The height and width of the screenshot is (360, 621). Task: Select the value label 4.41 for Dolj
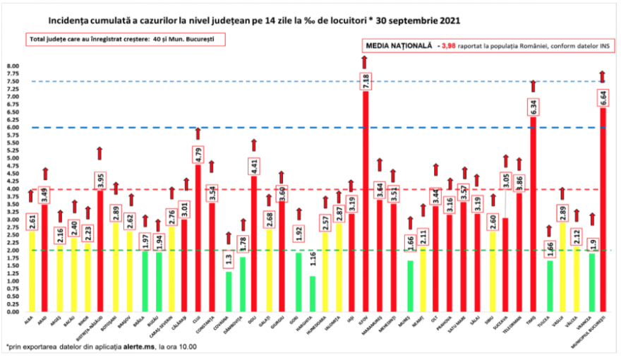(x=254, y=167)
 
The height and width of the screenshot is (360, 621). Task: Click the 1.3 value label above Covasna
(x=228, y=260)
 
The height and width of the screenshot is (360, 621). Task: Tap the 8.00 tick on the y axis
(x=13, y=66)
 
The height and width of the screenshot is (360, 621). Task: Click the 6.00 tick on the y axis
(x=13, y=128)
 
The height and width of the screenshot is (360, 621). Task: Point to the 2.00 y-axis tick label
(x=13, y=251)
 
